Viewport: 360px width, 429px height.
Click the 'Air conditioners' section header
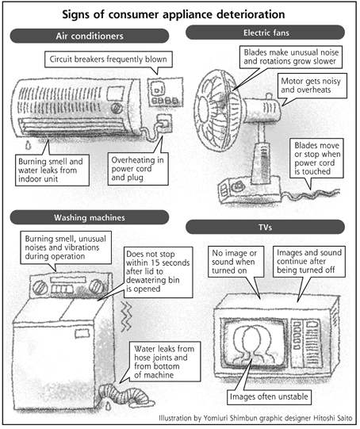(x=90, y=36)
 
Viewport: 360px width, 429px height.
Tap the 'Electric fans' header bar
(x=265, y=33)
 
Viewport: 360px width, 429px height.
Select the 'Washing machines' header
(x=90, y=217)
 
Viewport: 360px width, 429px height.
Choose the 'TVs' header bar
(x=265, y=227)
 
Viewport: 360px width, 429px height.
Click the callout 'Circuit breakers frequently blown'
(x=109, y=59)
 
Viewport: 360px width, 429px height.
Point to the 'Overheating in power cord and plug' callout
(x=138, y=169)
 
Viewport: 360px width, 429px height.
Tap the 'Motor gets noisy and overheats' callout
(x=312, y=86)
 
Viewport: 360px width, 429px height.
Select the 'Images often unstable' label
(x=269, y=396)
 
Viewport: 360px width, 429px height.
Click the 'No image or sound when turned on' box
(x=236, y=262)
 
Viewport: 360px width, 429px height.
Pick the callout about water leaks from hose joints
(x=165, y=362)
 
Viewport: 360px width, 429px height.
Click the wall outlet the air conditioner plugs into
(x=164, y=124)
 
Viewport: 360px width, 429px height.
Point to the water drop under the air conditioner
(x=29, y=145)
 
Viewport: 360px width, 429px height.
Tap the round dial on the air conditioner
(x=117, y=109)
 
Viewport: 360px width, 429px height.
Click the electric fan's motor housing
(x=262, y=109)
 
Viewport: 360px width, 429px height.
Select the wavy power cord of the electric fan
(x=312, y=194)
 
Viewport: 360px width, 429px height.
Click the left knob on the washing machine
(x=40, y=288)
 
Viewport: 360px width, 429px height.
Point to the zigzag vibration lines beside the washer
(x=126, y=317)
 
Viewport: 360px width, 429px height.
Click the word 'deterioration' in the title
(x=251, y=14)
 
